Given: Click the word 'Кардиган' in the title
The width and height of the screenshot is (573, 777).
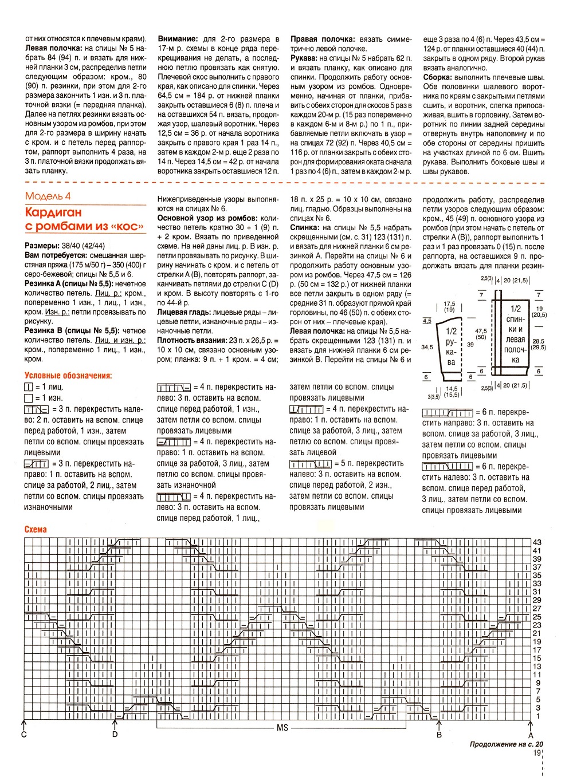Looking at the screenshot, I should pyautogui.click(x=53, y=212).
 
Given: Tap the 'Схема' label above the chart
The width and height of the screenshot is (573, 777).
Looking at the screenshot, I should pyautogui.click(x=36, y=530).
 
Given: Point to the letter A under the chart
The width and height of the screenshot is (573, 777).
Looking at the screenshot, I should pyautogui.click(x=531, y=735).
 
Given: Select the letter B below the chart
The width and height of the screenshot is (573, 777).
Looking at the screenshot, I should pyautogui.click(x=439, y=735).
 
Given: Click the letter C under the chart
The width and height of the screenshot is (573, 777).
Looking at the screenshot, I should pyautogui.click(x=24, y=735).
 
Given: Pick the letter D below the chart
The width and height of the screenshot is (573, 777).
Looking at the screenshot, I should pyautogui.click(x=115, y=735).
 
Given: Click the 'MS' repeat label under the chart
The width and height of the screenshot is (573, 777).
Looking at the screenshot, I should pyautogui.click(x=282, y=728).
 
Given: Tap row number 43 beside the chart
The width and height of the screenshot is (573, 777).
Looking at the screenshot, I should pyautogui.click(x=537, y=542).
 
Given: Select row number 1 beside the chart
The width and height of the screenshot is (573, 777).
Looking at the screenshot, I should pyautogui.click(x=538, y=716).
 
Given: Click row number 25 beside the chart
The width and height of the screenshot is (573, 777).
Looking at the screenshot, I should pyautogui.click(x=537, y=617).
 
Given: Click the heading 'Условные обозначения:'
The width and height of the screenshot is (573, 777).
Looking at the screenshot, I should pyautogui.click(x=68, y=376).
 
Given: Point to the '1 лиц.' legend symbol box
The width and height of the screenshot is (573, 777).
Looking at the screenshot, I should pyautogui.click(x=29, y=387).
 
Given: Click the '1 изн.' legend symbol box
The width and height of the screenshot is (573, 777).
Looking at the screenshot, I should pyautogui.click(x=29, y=398).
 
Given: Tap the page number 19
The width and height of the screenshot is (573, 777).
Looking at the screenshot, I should pyautogui.click(x=537, y=753).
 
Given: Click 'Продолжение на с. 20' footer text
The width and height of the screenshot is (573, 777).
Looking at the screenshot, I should pyautogui.click(x=506, y=744).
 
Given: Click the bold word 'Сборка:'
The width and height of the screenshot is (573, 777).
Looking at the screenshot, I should pyautogui.click(x=438, y=77).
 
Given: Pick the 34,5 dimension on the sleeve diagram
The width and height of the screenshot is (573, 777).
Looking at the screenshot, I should pyautogui.click(x=427, y=347).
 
